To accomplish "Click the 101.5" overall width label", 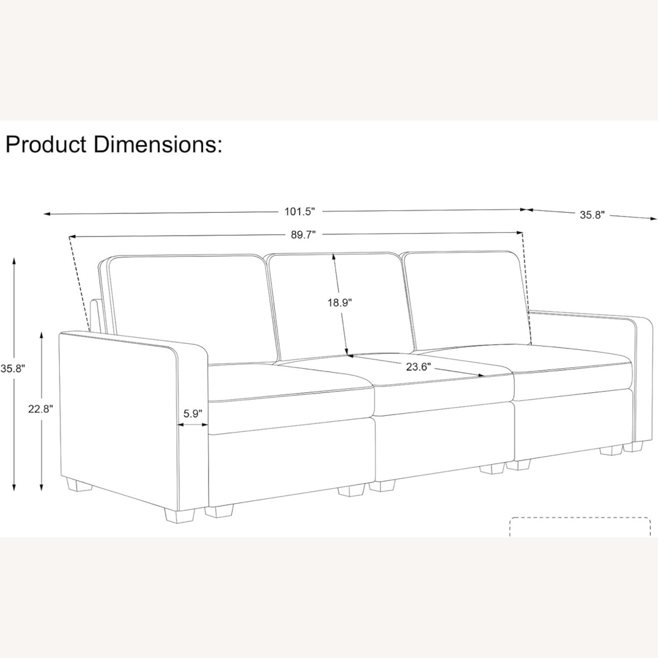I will [x=300, y=212].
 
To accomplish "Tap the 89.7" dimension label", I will [x=303, y=235].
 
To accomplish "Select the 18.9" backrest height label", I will [x=340, y=303].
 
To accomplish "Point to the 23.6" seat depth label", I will [x=416, y=367].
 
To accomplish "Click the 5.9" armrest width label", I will [x=193, y=414].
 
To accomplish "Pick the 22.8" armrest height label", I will [x=40, y=409].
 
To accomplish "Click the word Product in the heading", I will [x=46, y=145].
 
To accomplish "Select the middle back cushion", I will [x=307, y=303].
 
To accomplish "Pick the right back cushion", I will [x=465, y=298].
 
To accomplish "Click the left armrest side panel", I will [x=118, y=417].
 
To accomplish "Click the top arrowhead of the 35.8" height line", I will [x=14, y=261].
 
